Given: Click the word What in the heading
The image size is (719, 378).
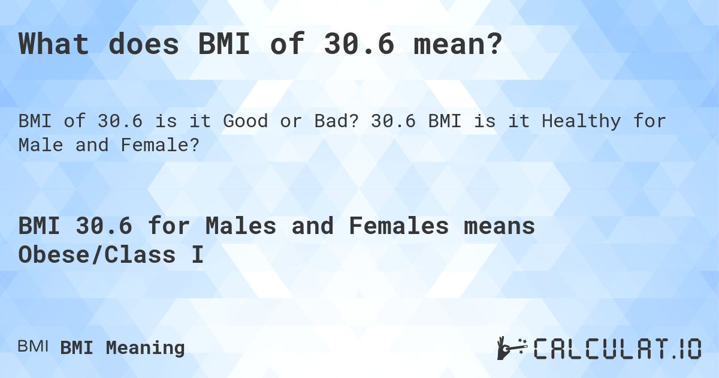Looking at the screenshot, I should point(55,45).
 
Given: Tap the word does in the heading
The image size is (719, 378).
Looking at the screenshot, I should point(144,45).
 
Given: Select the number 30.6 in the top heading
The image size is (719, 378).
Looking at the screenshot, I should point(359,45).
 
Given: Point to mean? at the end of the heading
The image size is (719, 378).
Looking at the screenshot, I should point(458,45).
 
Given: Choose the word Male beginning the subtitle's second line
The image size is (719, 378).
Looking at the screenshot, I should point(41,145).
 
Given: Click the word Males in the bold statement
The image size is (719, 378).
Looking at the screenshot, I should point(240,226).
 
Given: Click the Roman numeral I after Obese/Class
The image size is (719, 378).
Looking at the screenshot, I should point(197,255).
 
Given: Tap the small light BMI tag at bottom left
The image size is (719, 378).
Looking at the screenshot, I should point(33,347).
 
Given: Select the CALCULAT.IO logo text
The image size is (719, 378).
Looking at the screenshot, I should point(617,349).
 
